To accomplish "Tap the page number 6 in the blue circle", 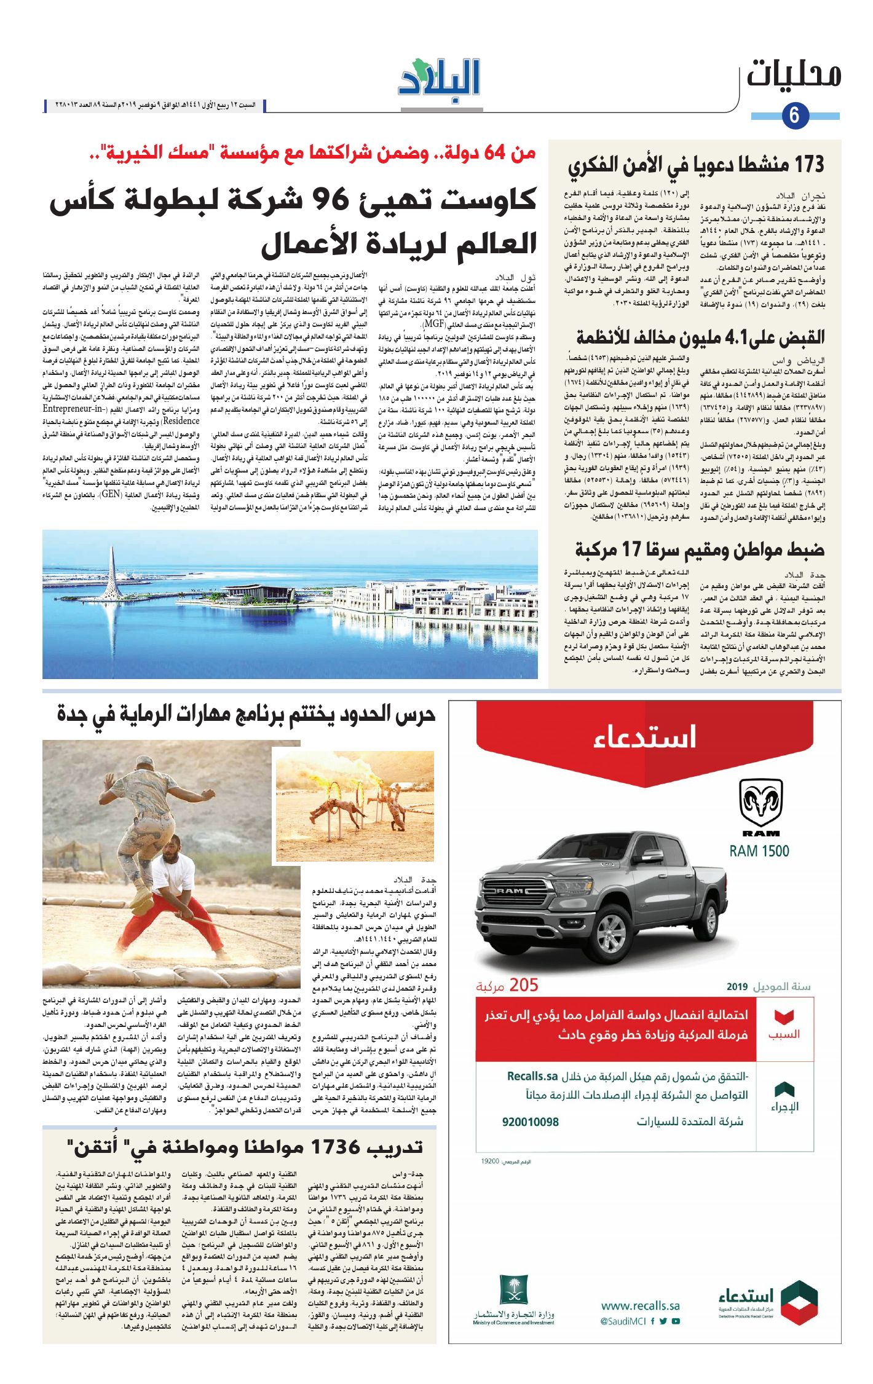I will pos(794,116).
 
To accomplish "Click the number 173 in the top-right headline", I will pos(809,165).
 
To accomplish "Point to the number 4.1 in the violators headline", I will pos(739,337).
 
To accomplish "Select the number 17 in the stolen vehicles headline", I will pos(632,549).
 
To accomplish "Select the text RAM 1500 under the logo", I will pos(759,851).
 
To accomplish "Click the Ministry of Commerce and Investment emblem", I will pos(513,1291).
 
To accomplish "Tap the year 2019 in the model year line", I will pos(737,987).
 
